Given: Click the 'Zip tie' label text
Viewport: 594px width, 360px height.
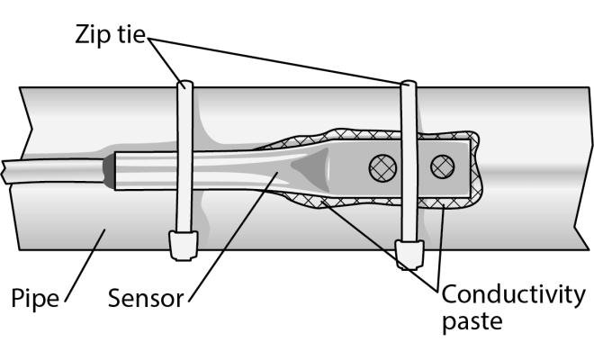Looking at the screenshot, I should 112,39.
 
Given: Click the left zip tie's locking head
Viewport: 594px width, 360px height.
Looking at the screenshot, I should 184,243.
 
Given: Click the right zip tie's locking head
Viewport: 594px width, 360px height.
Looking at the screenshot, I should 410,254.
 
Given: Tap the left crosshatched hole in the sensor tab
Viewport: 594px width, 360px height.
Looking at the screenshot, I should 375,166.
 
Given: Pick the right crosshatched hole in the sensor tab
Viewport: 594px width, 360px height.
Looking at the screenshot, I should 442,166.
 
